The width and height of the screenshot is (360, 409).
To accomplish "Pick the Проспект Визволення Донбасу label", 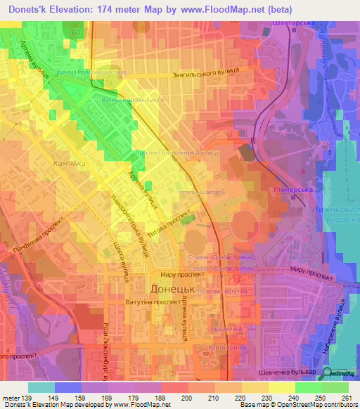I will click(x=170, y=152).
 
